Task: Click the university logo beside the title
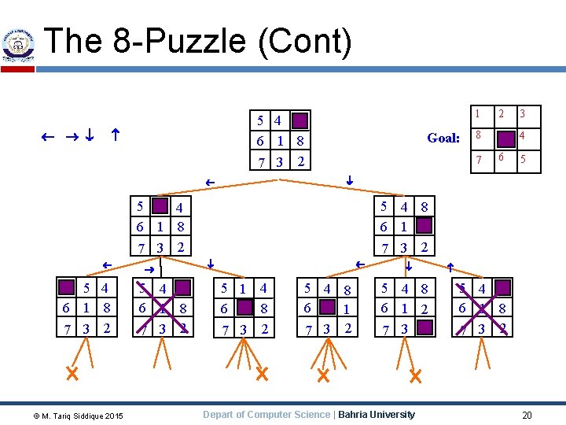pos(17,45)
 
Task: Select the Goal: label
pos(443,138)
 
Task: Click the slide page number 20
pos(527,415)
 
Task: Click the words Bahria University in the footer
pos(377,415)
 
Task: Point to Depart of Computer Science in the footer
pos(267,415)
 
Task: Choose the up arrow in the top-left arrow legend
pos(115,135)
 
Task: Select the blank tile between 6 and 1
pos(325,308)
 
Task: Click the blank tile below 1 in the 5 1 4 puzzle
pos(244,308)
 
